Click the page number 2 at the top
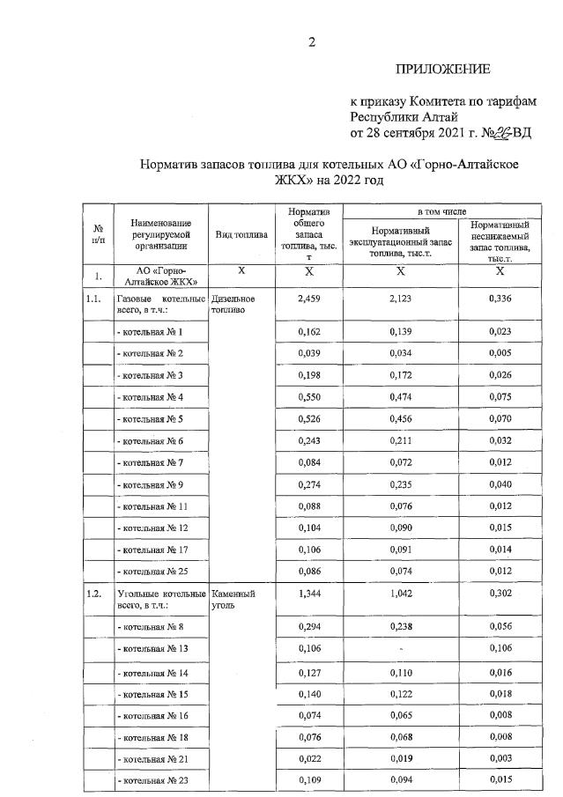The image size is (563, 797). (x=310, y=41)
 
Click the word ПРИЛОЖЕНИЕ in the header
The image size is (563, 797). (x=442, y=70)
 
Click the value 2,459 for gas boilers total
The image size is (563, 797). (x=308, y=299)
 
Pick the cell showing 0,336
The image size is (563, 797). (x=500, y=299)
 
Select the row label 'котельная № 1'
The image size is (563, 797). (x=151, y=332)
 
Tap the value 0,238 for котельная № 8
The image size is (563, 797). (x=401, y=626)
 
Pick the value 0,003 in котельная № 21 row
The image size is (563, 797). (x=500, y=758)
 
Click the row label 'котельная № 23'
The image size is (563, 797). (x=152, y=781)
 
